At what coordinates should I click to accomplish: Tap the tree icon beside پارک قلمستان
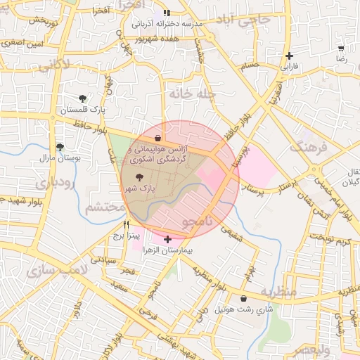point(83,99)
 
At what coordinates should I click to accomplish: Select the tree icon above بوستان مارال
point(61,147)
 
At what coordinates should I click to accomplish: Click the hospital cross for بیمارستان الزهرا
point(167,240)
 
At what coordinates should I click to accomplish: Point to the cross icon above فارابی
point(289,56)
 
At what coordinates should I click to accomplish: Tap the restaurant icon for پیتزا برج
point(127,225)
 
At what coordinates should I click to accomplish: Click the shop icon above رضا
point(341,49)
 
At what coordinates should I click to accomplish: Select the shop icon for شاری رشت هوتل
point(243,298)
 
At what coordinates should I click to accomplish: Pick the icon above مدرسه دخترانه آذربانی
point(167,13)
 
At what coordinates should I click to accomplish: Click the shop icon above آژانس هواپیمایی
point(156,138)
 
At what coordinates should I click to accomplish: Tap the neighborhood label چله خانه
point(191,93)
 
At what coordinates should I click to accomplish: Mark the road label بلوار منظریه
point(211,282)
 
